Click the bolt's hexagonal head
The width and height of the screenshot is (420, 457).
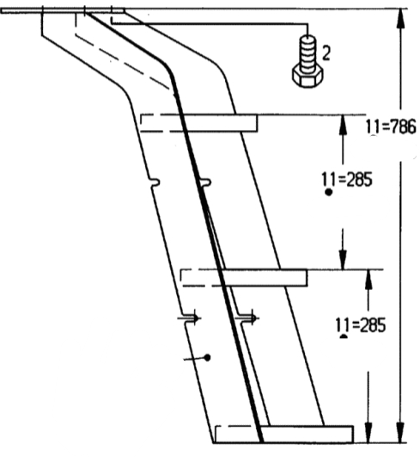pyautogui.click(x=307, y=77)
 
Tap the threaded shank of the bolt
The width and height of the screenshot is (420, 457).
pyautogui.click(x=307, y=54)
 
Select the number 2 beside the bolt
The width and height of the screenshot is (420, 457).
pyautogui.click(x=326, y=53)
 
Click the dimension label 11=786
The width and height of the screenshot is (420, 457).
pyautogui.click(x=391, y=127)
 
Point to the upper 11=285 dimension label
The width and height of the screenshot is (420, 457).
pyautogui.click(x=347, y=179)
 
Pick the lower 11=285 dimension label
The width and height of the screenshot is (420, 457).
pyautogui.click(x=361, y=325)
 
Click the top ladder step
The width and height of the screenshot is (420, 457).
pyautogui.click(x=198, y=123)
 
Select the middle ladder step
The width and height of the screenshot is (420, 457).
pyautogui.click(x=244, y=278)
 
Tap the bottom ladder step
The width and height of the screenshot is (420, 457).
pyautogui.click(x=284, y=435)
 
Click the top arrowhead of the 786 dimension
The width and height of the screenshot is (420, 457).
pyautogui.click(x=401, y=18)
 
